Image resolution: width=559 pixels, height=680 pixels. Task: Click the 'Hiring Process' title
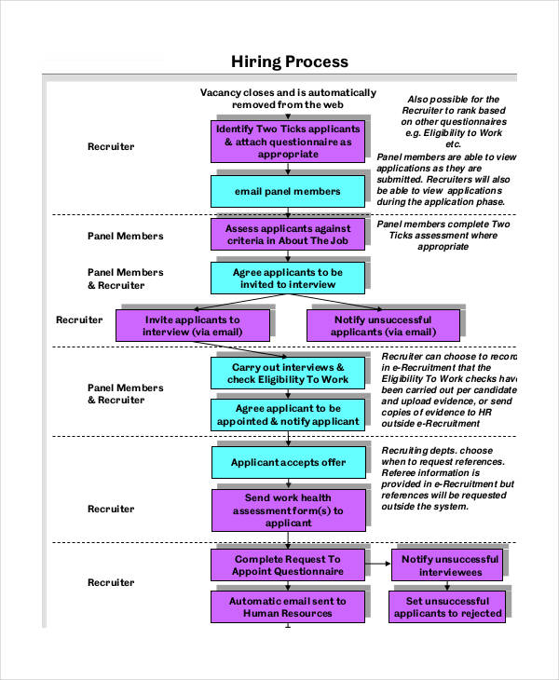(x=289, y=61)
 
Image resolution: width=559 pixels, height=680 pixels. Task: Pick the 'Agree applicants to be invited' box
(x=288, y=278)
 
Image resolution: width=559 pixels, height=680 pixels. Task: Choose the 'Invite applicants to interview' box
(x=193, y=325)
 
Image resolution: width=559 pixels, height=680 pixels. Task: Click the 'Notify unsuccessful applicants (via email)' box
(x=383, y=325)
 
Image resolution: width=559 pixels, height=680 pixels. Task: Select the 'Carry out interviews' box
(x=288, y=374)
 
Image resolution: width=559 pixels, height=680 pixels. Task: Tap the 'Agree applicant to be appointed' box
(x=288, y=415)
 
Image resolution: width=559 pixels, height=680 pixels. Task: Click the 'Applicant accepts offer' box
(x=289, y=462)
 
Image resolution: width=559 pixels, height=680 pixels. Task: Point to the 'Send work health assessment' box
(x=288, y=510)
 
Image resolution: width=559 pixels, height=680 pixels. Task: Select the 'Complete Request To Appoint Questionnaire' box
(x=287, y=564)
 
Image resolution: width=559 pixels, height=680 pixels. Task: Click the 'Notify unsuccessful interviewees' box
(x=447, y=564)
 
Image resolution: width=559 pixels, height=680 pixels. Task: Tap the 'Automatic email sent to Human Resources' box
(x=287, y=607)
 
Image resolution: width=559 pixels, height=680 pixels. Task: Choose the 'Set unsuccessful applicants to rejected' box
(x=447, y=607)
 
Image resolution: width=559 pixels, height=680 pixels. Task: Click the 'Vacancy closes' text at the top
(x=288, y=99)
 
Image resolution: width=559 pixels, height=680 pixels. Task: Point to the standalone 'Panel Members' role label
(x=125, y=236)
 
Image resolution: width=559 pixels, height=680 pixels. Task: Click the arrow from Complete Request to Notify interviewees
(x=376, y=564)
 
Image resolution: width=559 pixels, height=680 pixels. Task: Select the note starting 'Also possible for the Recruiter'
(x=453, y=121)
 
